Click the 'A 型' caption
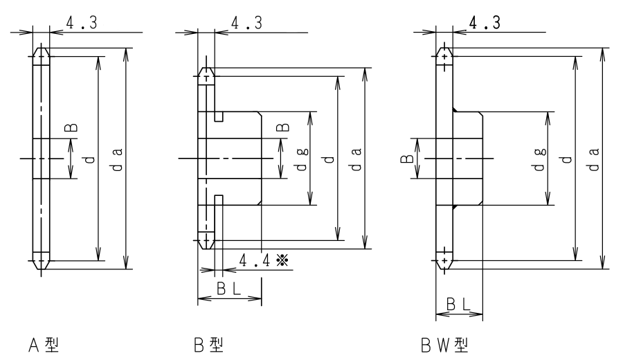(44, 345)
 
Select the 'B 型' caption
(208, 345)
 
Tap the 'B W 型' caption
(444, 345)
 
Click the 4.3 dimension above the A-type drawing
(82, 23)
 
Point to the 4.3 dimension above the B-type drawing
(246, 23)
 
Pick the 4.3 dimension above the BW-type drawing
(485, 23)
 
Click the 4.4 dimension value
(255, 261)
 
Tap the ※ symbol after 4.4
(282, 261)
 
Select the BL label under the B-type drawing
(229, 289)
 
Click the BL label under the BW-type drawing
(458, 305)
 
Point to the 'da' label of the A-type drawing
(118, 159)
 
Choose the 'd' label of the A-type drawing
(90, 159)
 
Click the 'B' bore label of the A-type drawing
(71, 127)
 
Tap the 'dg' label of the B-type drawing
(303, 159)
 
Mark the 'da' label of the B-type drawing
(356, 159)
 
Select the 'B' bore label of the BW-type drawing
(407, 159)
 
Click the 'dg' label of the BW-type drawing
(539, 159)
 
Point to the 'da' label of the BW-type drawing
(595, 159)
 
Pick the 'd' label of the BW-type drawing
(567, 159)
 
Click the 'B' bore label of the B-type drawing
(283, 127)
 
